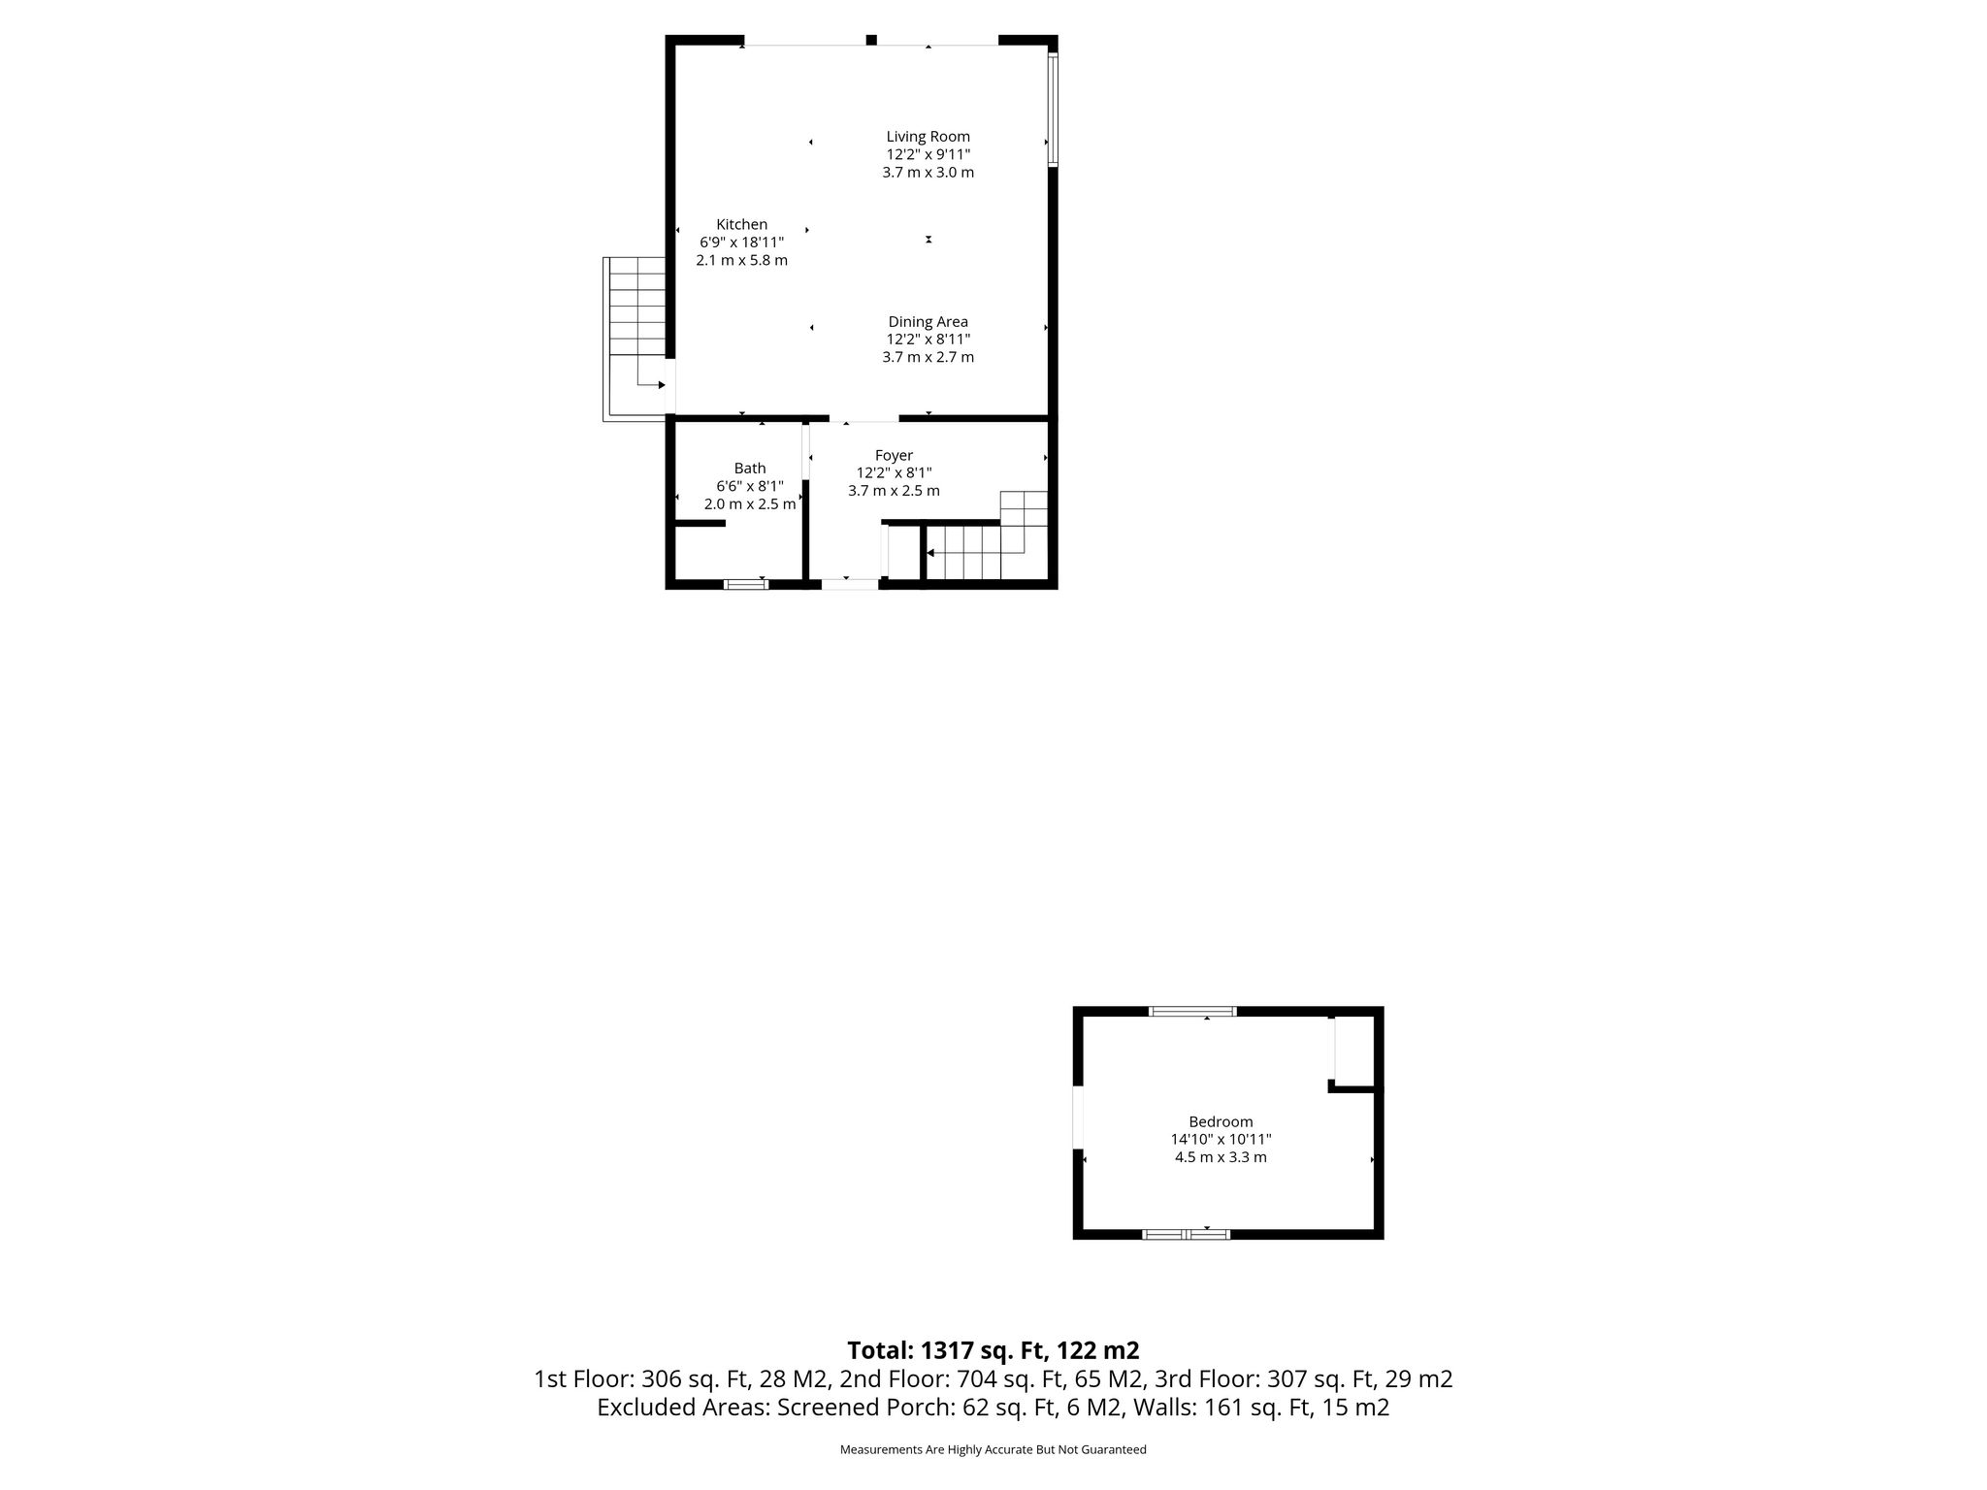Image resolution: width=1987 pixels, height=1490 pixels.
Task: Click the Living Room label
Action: click(x=928, y=137)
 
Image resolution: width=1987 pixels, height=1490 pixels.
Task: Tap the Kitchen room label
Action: click(x=741, y=225)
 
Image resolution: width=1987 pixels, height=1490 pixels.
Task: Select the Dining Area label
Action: click(x=928, y=322)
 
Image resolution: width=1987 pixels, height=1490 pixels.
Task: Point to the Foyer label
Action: click(x=894, y=456)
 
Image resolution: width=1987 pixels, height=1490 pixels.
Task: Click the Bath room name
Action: click(x=750, y=469)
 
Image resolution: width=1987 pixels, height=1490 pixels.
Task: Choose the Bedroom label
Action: click(x=1221, y=1122)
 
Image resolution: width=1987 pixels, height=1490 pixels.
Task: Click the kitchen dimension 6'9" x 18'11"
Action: click(x=741, y=243)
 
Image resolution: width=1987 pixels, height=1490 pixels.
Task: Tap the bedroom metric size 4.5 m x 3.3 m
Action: click(x=1221, y=1157)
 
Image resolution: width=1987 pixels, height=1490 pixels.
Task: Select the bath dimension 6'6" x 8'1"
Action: click(x=750, y=486)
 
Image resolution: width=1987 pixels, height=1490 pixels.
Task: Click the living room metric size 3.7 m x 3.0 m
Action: click(x=928, y=173)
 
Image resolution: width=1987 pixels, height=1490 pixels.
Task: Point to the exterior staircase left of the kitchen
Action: click(x=635, y=339)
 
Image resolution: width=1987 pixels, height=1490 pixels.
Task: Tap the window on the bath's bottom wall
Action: click(x=746, y=584)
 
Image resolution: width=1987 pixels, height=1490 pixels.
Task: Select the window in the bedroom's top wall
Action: click(x=1192, y=1011)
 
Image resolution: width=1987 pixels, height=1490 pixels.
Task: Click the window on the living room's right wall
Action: click(x=1053, y=110)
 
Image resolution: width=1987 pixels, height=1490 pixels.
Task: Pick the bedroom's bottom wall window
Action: click(x=1186, y=1235)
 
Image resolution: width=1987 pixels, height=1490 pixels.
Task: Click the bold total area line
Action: click(x=993, y=1350)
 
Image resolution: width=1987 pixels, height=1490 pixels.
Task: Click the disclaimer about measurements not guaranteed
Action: click(x=993, y=1449)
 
